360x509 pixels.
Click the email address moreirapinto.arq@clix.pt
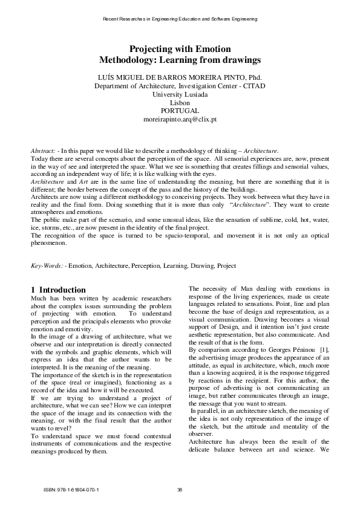[180, 120]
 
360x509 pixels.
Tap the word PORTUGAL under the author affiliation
[180, 111]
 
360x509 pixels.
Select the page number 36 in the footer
[180, 490]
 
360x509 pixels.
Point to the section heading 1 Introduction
[58, 290]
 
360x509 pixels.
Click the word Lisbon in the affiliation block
[180, 103]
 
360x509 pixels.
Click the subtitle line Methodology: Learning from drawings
[180, 60]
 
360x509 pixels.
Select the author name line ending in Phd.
[180, 77]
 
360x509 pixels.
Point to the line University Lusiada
[180, 94]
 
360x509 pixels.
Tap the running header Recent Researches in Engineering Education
[180, 19]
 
